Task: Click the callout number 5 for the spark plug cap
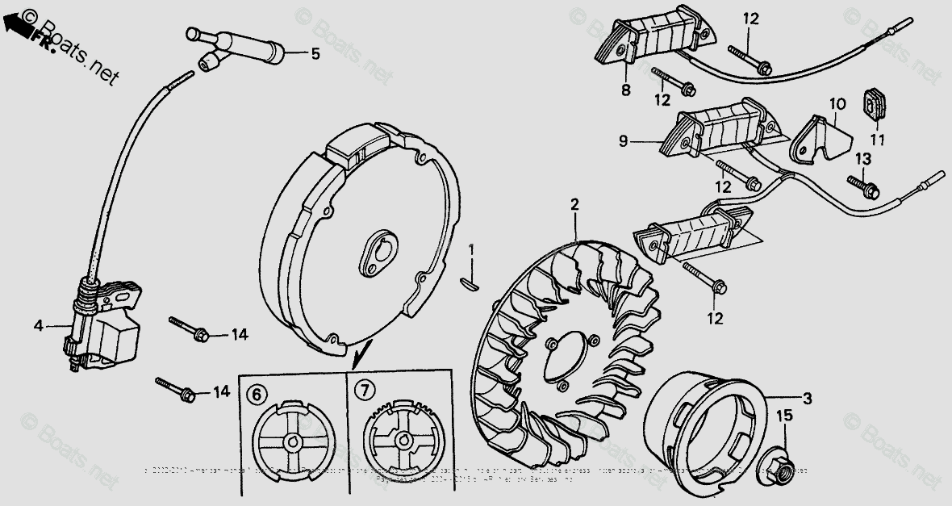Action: tap(315, 54)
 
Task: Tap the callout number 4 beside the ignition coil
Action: tap(37, 326)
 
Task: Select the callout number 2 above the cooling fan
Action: tap(574, 205)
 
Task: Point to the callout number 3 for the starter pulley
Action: tap(807, 399)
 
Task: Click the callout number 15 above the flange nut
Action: tap(784, 416)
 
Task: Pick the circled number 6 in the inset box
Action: tap(255, 393)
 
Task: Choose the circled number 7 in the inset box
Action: tap(365, 391)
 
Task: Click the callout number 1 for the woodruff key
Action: tap(474, 249)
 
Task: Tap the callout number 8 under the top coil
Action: tap(625, 90)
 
